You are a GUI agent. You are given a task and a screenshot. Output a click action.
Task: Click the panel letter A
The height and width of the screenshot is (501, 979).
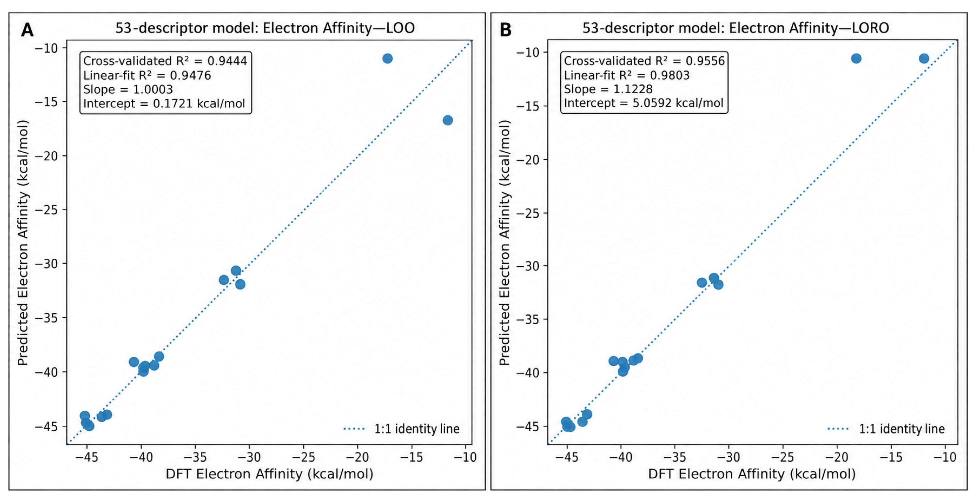point(27,30)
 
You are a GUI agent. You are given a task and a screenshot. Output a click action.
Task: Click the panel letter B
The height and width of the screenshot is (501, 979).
point(505,30)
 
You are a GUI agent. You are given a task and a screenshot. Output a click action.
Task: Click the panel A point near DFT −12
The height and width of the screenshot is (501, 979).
point(448,120)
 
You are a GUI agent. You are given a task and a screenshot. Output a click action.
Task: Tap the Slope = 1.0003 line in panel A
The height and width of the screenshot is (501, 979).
point(128,89)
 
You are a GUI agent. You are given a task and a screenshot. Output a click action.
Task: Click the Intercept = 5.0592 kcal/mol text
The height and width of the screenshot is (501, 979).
point(643,103)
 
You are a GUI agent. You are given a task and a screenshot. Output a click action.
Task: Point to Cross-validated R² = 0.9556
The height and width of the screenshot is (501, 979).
point(644,61)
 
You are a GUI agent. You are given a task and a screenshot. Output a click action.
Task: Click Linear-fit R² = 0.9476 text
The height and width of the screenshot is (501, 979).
point(147,75)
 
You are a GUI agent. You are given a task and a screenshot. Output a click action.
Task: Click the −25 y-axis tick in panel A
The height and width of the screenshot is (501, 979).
point(46,210)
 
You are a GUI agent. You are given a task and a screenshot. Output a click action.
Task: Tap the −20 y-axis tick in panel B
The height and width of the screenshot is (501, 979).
point(528,160)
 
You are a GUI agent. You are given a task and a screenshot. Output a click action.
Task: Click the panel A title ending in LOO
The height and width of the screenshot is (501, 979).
point(265,28)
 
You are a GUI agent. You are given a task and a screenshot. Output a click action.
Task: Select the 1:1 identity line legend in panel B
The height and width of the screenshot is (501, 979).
point(886,429)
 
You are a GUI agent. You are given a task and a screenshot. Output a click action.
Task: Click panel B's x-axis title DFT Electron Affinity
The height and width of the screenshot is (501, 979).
point(752,474)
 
